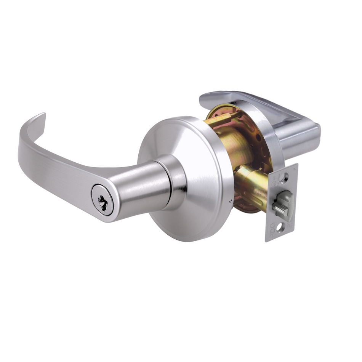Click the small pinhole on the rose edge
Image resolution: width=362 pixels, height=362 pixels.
[231, 200]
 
